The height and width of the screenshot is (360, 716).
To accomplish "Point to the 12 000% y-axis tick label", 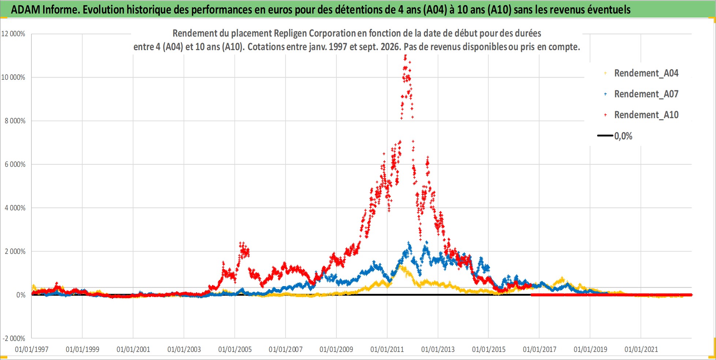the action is coord(13,34).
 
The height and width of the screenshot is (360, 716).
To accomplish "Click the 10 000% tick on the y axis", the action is coord(13,77).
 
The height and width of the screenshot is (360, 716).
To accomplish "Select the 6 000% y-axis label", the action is coord(15,164).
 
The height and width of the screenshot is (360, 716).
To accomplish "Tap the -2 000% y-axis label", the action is coord(14,338).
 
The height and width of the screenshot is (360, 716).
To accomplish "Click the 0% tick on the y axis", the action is coord(21,295).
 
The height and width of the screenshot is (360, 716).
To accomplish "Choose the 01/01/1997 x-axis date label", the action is coord(31,349).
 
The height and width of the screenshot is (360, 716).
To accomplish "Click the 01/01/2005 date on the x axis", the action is coord(235,349).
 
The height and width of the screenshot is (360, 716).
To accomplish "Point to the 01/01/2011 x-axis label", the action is coord(387,349).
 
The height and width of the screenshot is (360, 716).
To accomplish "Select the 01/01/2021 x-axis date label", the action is coord(641,349).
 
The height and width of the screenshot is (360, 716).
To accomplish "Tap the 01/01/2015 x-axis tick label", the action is coord(489,349).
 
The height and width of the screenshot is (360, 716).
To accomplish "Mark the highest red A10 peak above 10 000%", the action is coord(405,56).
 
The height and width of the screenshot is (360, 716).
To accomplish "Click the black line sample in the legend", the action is coord(605,136).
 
